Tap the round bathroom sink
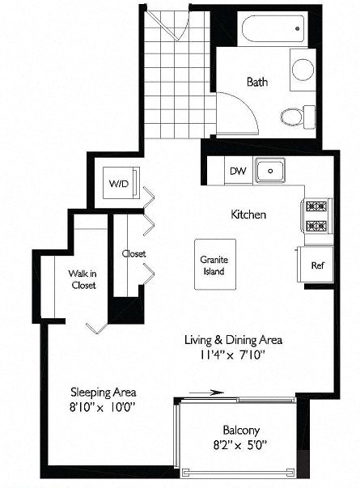click(303, 69)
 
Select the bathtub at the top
click(273, 31)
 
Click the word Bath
click(257, 82)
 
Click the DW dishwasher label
click(237, 171)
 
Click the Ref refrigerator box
click(317, 265)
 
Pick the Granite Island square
click(215, 265)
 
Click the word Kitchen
click(248, 214)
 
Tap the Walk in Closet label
click(82, 279)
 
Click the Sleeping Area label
click(102, 391)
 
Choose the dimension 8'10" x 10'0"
click(102, 405)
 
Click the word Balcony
click(240, 430)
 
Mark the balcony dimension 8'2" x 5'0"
click(240, 443)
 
